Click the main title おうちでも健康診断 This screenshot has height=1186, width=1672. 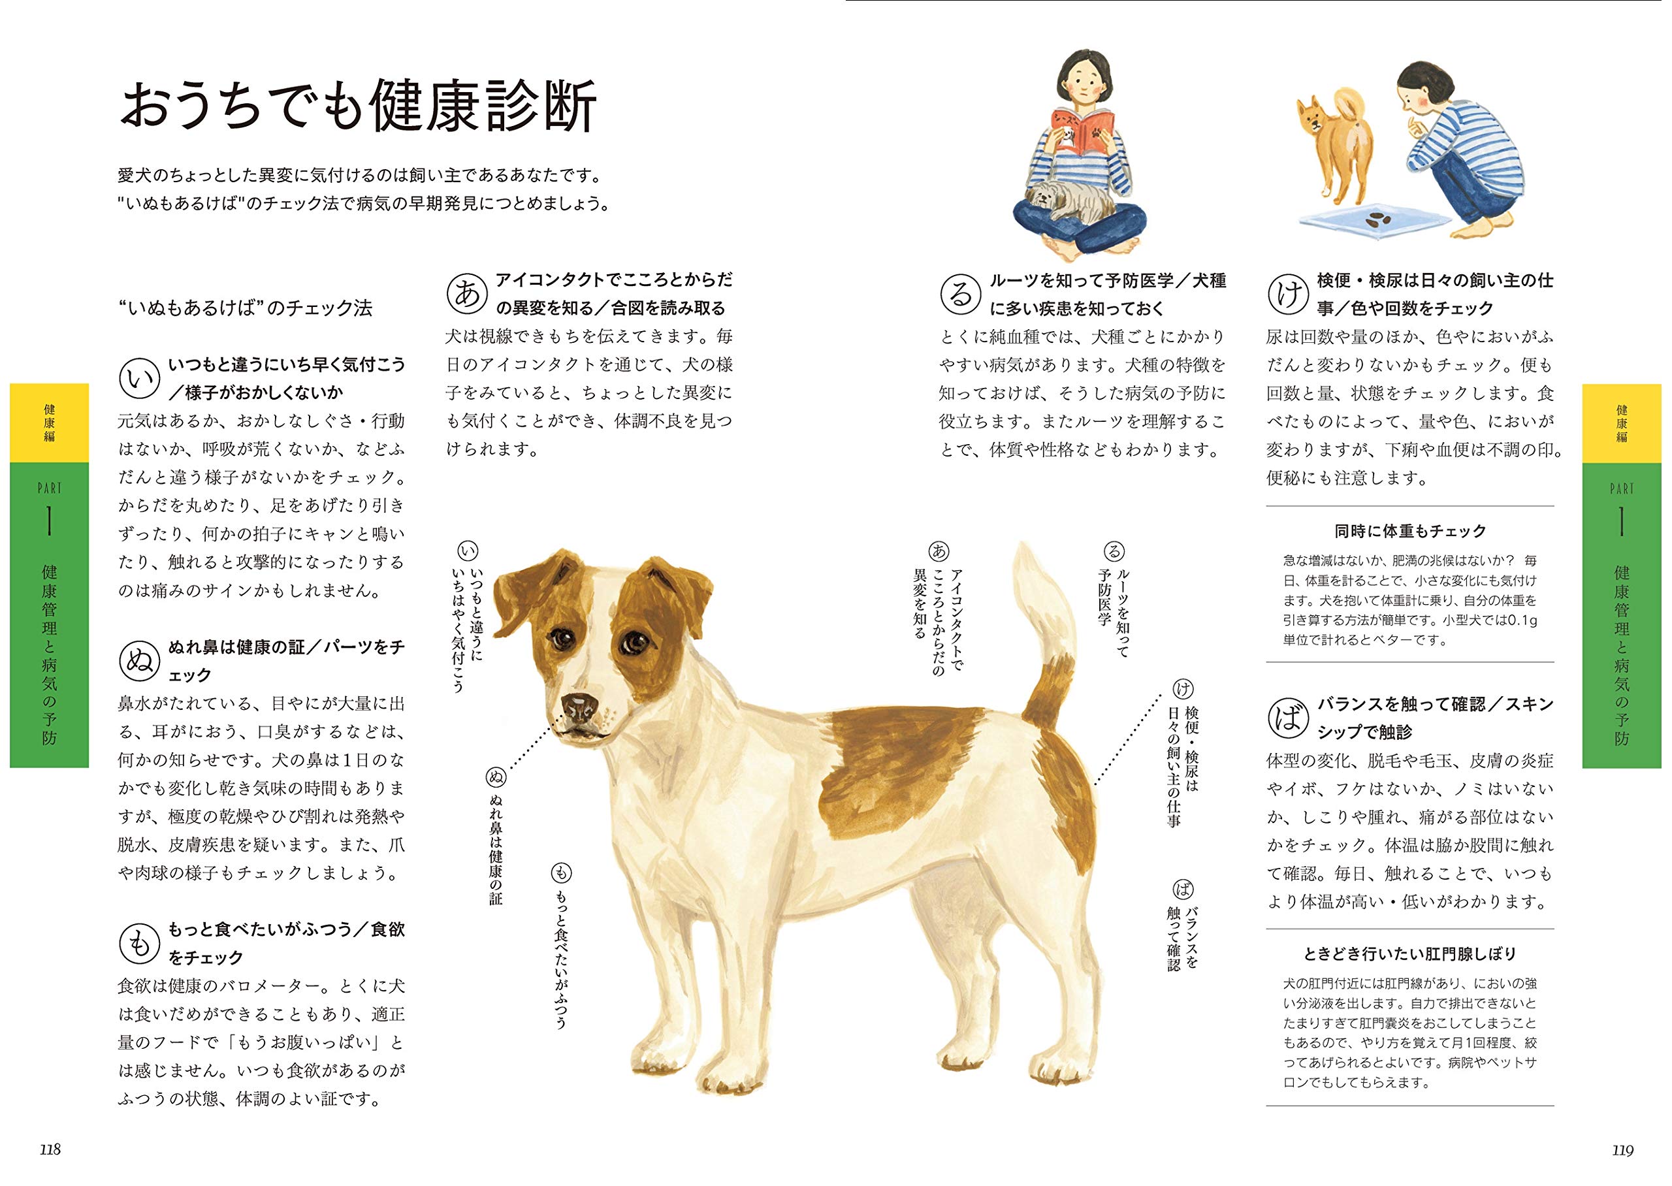[x=358, y=106]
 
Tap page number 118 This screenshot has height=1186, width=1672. [x=50, y=1149]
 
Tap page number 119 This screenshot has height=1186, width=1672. [x=1622, y=1149]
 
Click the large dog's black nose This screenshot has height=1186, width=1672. [x=581, y=704]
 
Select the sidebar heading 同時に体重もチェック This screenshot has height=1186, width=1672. [x=1410, y=531]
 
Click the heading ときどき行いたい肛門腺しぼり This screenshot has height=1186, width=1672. [x=1410, y=954]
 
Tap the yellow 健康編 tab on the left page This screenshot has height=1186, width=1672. [x=49, y=423]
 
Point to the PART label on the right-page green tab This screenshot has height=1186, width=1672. [x=1622, y=487]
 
